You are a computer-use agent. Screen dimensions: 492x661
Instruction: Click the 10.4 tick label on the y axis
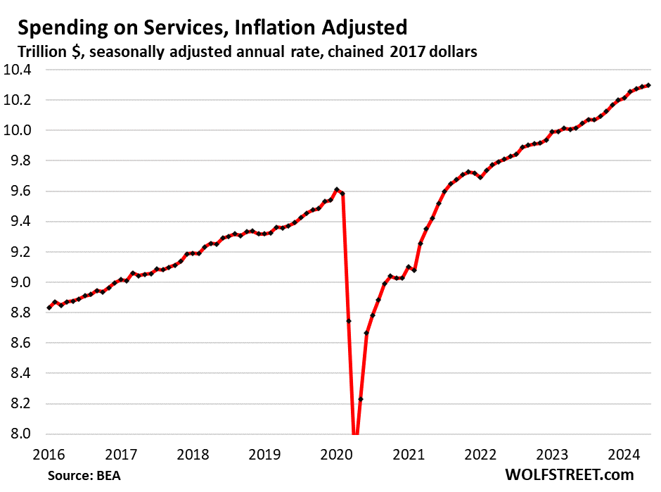23,70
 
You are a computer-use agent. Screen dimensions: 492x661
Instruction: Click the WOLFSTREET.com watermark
568,474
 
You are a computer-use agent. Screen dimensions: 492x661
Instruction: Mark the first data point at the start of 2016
49,308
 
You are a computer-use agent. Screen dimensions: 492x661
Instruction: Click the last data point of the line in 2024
647,86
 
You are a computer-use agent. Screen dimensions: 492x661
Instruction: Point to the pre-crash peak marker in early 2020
337,189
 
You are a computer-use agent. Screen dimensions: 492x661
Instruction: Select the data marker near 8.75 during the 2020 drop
349,321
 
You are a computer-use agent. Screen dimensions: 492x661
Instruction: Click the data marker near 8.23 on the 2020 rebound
361,399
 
